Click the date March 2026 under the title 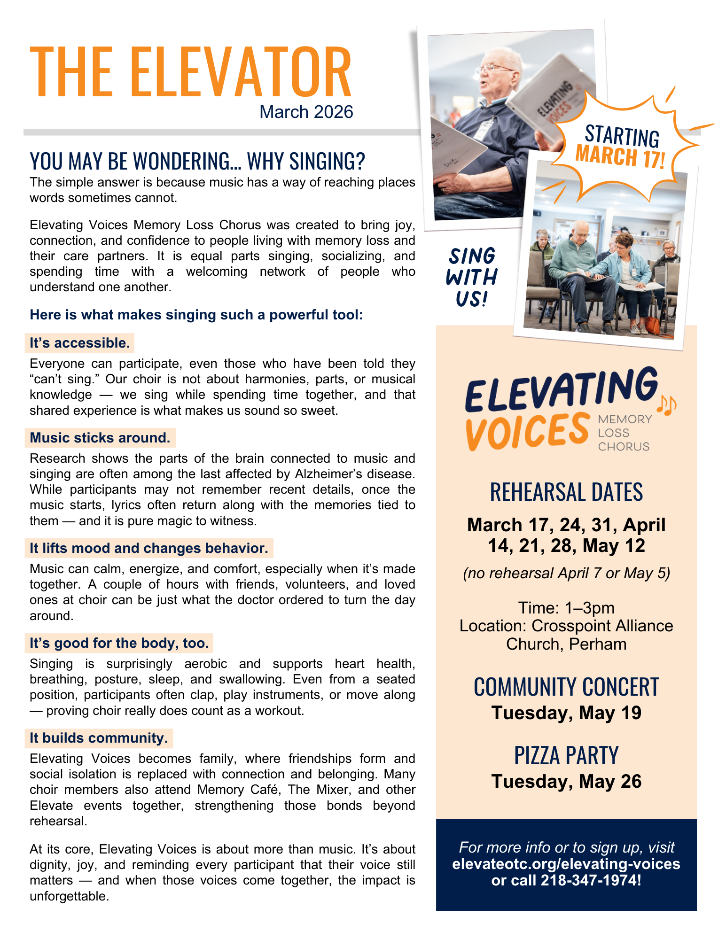(x=306, y=112)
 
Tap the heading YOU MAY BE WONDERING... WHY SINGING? (x=197, y=161)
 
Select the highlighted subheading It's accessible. (x=79, y=343)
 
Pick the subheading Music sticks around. (x=100, y=438)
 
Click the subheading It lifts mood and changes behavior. (x=149, y=548)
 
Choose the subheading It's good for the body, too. (x=119, y=643)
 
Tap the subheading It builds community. (x=99, y=738)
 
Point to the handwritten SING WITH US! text (x=471, y=277)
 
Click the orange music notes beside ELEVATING (x=666, y=405)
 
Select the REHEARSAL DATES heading (x=566, y=492)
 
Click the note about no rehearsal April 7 (x=566, y=573)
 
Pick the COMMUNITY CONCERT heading (x=566, y=687)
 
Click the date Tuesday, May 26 (x=566, y=782)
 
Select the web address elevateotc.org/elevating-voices (x=566, y=864)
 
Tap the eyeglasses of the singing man (x=493, y=69)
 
